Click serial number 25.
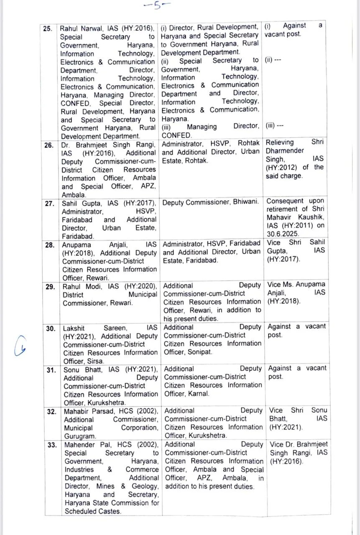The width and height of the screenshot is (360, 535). point(47,29)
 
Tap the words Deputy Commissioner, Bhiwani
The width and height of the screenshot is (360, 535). point(210,202)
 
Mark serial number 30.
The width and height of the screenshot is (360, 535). point(50,329)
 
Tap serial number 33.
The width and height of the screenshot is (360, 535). point(51,445)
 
